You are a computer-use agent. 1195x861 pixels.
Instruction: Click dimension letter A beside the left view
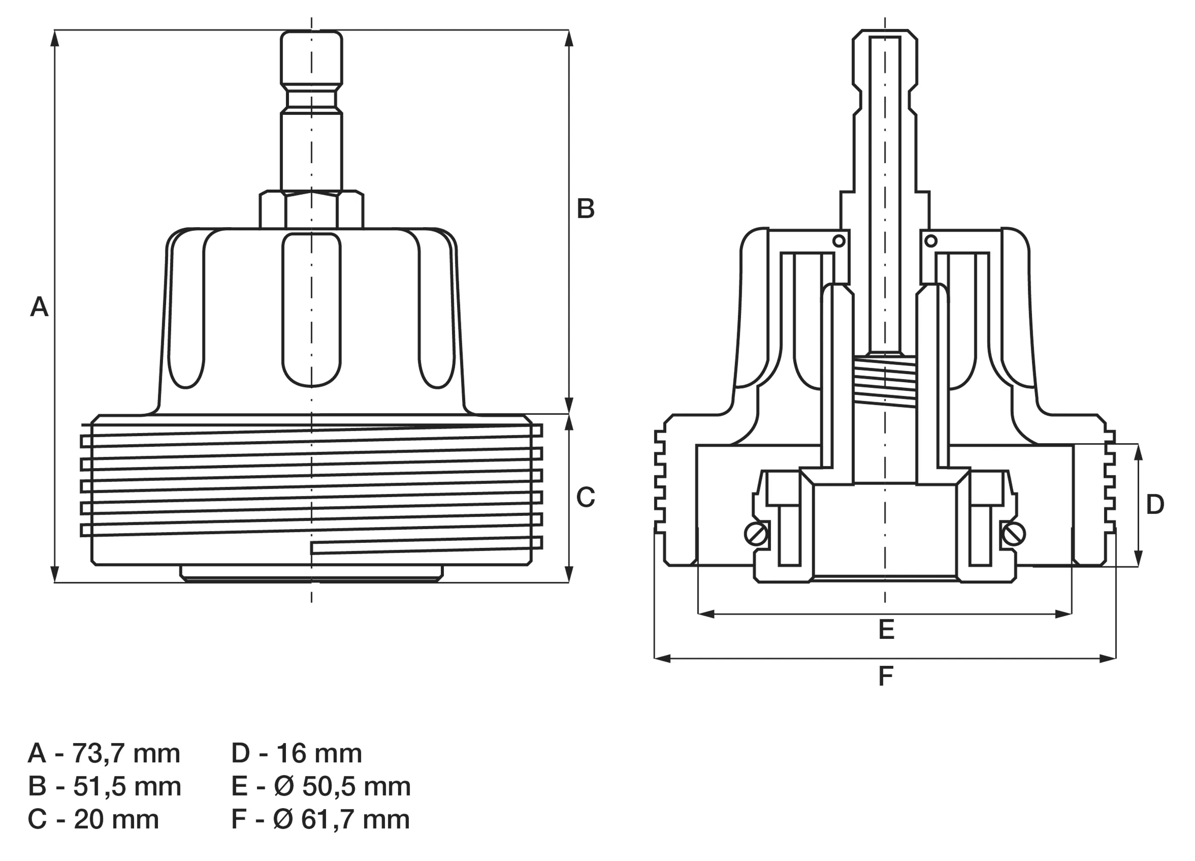(x=39, y=307)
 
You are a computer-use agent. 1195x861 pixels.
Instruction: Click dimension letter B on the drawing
(x=586, y=209)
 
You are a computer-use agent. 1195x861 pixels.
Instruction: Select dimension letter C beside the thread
(x=586, y=497)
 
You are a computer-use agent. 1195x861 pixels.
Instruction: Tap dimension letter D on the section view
(x=1155, y=504)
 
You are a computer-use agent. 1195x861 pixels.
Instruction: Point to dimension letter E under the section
(x=886, y=629)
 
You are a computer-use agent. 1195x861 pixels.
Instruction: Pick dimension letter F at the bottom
(x=886, y=676)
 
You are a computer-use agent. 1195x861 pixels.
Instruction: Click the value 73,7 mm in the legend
(x=126, y=753)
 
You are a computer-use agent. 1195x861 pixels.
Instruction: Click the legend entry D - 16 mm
(x=296, y=753)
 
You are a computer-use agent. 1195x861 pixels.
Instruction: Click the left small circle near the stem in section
(x=838, y=241)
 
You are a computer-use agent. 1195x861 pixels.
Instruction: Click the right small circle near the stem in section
(x=930, y=241)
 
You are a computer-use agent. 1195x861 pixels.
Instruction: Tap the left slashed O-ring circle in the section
(x=756, y=535)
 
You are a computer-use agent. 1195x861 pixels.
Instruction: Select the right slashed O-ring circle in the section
(x=1014, y=535)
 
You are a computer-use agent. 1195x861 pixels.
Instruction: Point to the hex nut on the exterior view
(x=312, y=210)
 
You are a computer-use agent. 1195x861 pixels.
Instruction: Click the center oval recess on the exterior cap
(x=312, y=308)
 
